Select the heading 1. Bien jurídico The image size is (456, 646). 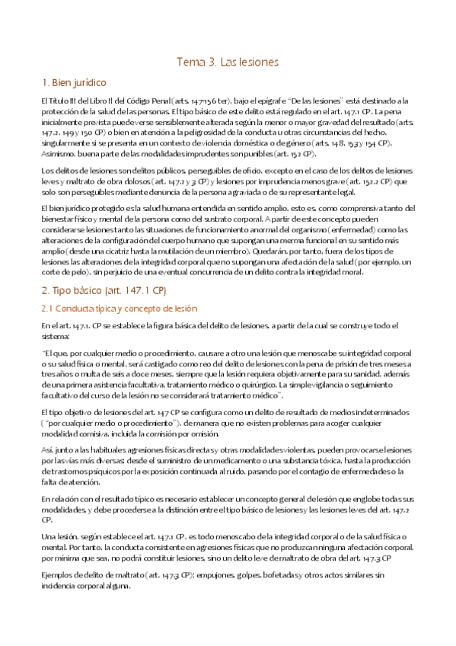74,82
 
